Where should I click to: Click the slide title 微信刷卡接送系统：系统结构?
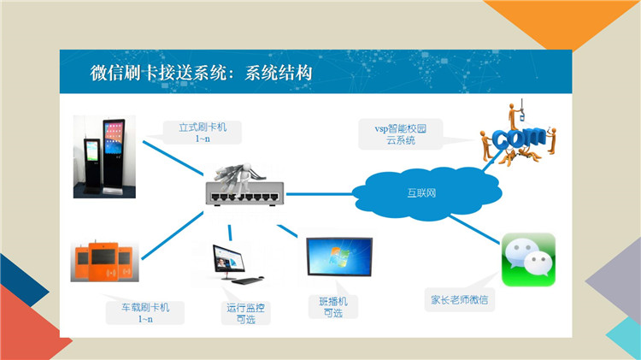tap(201, 73)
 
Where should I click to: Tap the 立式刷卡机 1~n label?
tap(203, 133)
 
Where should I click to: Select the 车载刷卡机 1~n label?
tap(145, 313)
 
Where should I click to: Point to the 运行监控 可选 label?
tap(245, 313)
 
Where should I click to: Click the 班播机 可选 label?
tap(333, 307)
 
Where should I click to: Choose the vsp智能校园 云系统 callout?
tap(401, 134)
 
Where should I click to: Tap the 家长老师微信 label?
tap(460, 300)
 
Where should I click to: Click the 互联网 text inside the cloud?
tap(421, 192)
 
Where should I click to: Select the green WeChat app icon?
tap(528, 260)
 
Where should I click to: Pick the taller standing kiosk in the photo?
tap(114, 156)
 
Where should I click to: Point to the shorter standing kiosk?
tap(92, 166)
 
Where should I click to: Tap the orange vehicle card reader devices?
tap(104, 261)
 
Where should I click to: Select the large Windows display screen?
tap(339, 257)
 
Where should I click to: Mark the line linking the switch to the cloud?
tap(320, 194)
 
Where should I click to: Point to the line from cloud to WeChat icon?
tap(474, 229)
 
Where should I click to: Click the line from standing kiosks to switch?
tap(173, 158)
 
